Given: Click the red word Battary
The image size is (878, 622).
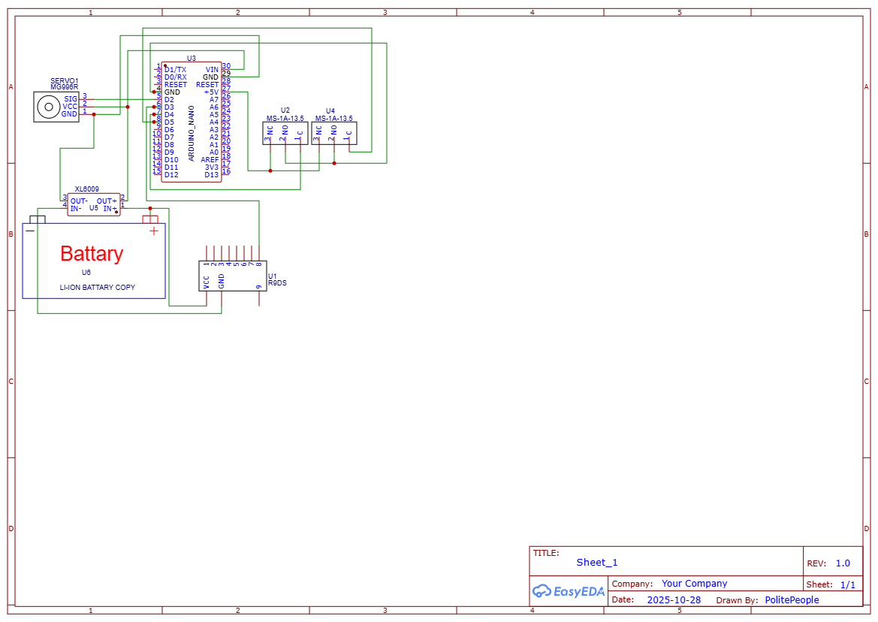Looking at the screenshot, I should pyautogui.click(x=92, y=254).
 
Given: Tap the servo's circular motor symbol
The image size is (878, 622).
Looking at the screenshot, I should pyautogui.click(x=49, y=107).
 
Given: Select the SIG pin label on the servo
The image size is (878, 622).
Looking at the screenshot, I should pyautogui.click(x=70, y=99).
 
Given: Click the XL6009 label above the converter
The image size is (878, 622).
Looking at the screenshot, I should pyautogui.click(x=86, y=190).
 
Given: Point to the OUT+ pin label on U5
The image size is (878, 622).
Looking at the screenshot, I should pyautogui.click(x=107, y=201).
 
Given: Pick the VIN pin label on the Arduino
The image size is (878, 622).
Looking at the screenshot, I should pyautogui.click(x=212, y=69).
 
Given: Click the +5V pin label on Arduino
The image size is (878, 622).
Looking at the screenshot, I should pyautogui.click(x=211, y=92).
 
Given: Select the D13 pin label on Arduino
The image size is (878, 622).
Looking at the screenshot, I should pyautogui.click(x=211, y=175).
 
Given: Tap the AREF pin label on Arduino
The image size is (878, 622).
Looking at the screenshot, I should pyautogui.click(x=210, y=160).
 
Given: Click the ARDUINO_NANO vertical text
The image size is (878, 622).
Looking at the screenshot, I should pyautogui.click(x=192, y=133).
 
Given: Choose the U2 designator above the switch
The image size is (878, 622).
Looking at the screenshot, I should pyautogui.click(x=285, y=110).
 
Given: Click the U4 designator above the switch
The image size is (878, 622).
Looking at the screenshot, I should pyautogui.click(x=330, y=110).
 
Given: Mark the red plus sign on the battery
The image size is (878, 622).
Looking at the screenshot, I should pyautogui.click(x=154, y=231).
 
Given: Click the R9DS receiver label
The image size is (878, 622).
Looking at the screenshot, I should pyautogui.click(x=277, y=283).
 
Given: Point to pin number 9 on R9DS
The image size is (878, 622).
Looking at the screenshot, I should pyautogui.click(x=258, y=286).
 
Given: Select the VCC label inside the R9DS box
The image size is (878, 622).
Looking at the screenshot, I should pyautogui.click(x=207, y=282).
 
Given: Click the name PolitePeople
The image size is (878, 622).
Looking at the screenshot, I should pyautogui.click(x=792, y=600).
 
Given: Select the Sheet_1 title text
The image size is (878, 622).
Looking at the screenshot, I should pyautogui.click(x=597, y=563).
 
